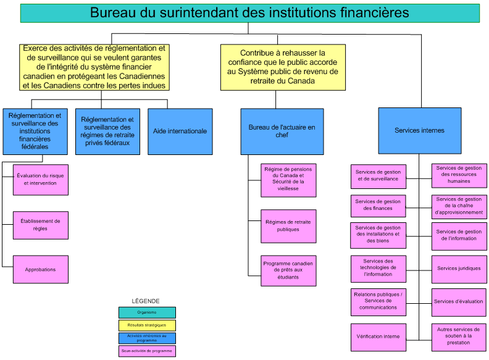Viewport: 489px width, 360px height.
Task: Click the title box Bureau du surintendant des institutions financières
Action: [249, 12]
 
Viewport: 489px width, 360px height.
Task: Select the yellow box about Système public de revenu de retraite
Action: [283, 67]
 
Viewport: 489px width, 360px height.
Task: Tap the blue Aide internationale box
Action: [180, 131]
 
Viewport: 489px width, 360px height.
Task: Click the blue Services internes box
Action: [419, 130]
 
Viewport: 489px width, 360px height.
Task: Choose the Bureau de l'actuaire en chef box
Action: [282, 131]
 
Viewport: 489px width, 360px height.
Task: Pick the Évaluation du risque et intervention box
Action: [41, 180]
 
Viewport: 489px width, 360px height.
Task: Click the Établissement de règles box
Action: [41, 225]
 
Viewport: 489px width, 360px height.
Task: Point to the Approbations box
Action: [41, 269]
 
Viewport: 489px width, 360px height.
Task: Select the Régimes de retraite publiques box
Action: [288, 226]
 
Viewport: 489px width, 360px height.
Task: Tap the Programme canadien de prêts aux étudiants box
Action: [288, 270]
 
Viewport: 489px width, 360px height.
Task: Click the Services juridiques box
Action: [459, 269]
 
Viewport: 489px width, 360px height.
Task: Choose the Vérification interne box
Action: [378, 337]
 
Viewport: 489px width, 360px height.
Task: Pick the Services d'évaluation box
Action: [459, 302]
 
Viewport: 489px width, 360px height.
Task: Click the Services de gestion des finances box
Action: [378, 205]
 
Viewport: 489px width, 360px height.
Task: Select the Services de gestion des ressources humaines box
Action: [459, 175]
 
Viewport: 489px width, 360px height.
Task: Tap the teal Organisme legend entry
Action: [147, 312]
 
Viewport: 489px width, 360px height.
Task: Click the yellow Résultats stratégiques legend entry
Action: [147, 325]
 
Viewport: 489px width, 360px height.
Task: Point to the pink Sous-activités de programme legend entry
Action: [147, 351]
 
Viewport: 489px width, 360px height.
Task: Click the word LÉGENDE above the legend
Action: [146, 301]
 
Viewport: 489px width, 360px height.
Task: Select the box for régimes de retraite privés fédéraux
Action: [107, 131]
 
